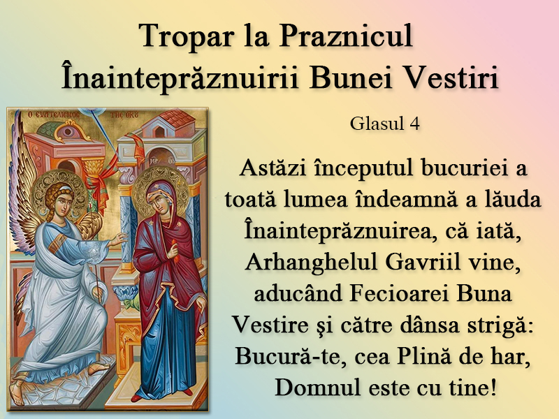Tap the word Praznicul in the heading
pos(346,36)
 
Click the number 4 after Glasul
pos(414,124)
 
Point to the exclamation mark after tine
pos(493,388)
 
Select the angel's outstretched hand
pos(117,240)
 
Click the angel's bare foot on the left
pos(16,392)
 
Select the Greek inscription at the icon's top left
pos(49,115)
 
